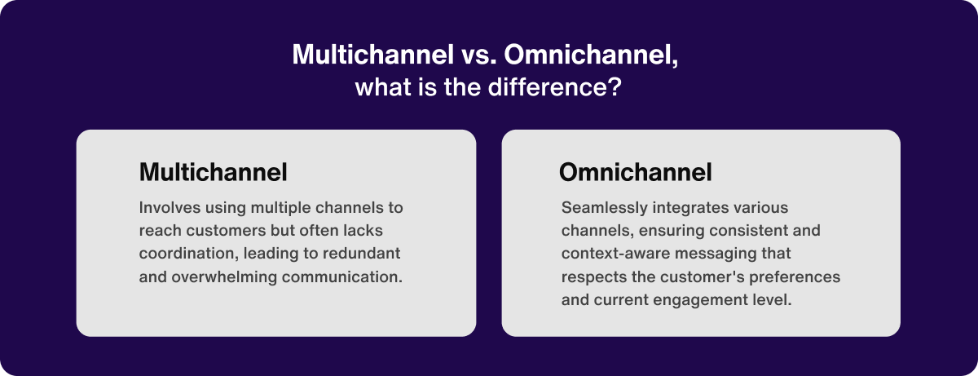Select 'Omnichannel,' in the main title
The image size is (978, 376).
[x=591, y=55]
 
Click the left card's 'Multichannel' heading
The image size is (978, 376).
[x=213, y=172]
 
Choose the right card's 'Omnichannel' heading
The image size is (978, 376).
[x=636, y=172]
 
